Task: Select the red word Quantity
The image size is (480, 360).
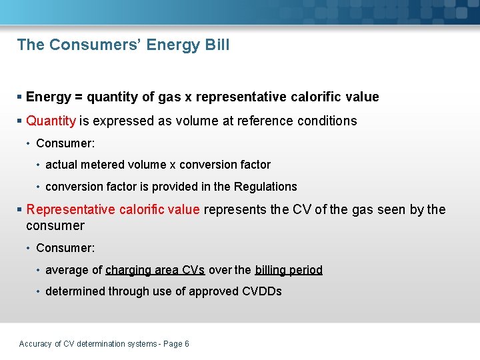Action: [x=51, y=121]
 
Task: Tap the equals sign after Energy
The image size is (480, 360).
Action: [x=79, y=97]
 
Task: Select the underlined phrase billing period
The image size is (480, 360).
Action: [x=288, y=270]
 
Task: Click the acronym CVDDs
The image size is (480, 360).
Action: [x=261, y=291]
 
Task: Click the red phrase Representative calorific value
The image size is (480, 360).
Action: [x=113, y=209]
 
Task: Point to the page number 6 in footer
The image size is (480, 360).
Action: [x=187, y=344]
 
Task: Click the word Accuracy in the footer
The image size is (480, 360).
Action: [x=35, y=344]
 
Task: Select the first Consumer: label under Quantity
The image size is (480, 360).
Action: [x=65, y=143]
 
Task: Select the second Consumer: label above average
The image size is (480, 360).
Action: [x=65, y=248]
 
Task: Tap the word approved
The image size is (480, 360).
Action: [x=212, y=291]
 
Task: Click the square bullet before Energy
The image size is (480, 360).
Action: [x=19, y=97]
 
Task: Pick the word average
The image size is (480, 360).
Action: [x=67, y=270]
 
